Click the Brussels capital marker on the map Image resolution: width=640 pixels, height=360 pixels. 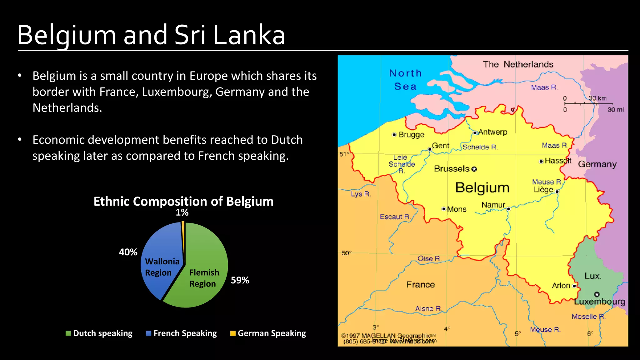tap(474, 169)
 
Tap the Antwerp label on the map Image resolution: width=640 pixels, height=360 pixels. tap(493, 132)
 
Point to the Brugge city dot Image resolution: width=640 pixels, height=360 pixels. tap(394, 135)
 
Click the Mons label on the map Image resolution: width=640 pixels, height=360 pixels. tap(457, 209)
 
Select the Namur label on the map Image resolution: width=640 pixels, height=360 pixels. tap(493, 205)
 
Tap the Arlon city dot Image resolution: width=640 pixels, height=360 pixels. tap(574, 286)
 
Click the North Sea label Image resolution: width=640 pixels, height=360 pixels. tap(405, 80)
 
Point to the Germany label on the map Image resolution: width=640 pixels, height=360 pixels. tap(597, 164)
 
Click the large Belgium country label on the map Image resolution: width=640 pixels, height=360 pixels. tap(482, 188)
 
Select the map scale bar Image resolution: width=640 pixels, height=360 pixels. tap(589, 104)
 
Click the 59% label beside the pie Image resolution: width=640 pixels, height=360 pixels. tap(240, 280)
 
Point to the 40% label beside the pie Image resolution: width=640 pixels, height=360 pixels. tap(128, 252)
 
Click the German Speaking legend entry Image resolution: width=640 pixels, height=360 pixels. tap(268, 333)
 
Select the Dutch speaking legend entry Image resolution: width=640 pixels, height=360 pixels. tap(99, 333)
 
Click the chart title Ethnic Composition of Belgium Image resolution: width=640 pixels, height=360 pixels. tap(183, 202)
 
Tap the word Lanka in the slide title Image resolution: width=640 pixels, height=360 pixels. tap(249, 35)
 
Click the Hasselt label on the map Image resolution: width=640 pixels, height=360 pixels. tap(558, 161)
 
